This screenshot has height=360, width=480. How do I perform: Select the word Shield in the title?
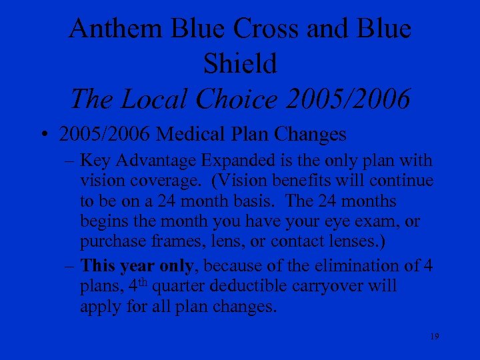tap(240, 63)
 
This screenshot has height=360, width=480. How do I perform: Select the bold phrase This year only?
tap(137, 266)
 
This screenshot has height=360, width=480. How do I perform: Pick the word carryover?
tap(319, 286)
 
